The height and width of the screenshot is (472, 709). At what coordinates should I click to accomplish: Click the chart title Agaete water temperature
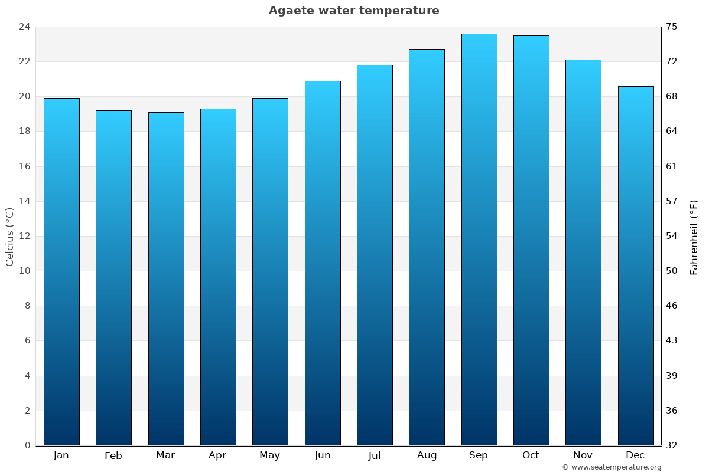354,11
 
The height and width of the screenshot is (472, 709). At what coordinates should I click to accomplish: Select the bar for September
479,240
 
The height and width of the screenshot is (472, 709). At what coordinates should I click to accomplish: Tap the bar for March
166,278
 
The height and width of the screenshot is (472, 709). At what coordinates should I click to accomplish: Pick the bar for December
636,265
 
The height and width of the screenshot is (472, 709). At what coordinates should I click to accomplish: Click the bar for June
323,263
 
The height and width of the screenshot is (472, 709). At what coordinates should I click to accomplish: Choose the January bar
61,271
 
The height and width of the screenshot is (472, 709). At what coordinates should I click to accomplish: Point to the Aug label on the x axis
427,455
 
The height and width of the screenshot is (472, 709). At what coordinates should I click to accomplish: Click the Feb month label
113,455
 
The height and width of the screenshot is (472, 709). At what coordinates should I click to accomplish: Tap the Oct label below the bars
531,455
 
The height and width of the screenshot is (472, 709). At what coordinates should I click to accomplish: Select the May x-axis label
270,455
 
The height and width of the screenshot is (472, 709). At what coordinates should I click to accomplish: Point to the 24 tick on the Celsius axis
24,27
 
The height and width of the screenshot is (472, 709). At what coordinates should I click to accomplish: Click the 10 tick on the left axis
24,271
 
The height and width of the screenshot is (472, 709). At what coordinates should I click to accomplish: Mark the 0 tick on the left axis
27,445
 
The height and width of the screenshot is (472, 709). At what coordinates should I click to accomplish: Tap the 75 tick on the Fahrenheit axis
672,27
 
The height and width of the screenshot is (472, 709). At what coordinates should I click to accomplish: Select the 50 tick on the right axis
672,271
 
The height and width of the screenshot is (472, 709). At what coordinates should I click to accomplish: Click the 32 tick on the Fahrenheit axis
672,445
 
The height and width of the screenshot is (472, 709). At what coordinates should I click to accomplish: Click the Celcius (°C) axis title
9,237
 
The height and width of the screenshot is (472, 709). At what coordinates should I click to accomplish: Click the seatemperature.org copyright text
612,467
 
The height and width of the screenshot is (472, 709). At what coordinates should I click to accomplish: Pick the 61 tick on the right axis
672,166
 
